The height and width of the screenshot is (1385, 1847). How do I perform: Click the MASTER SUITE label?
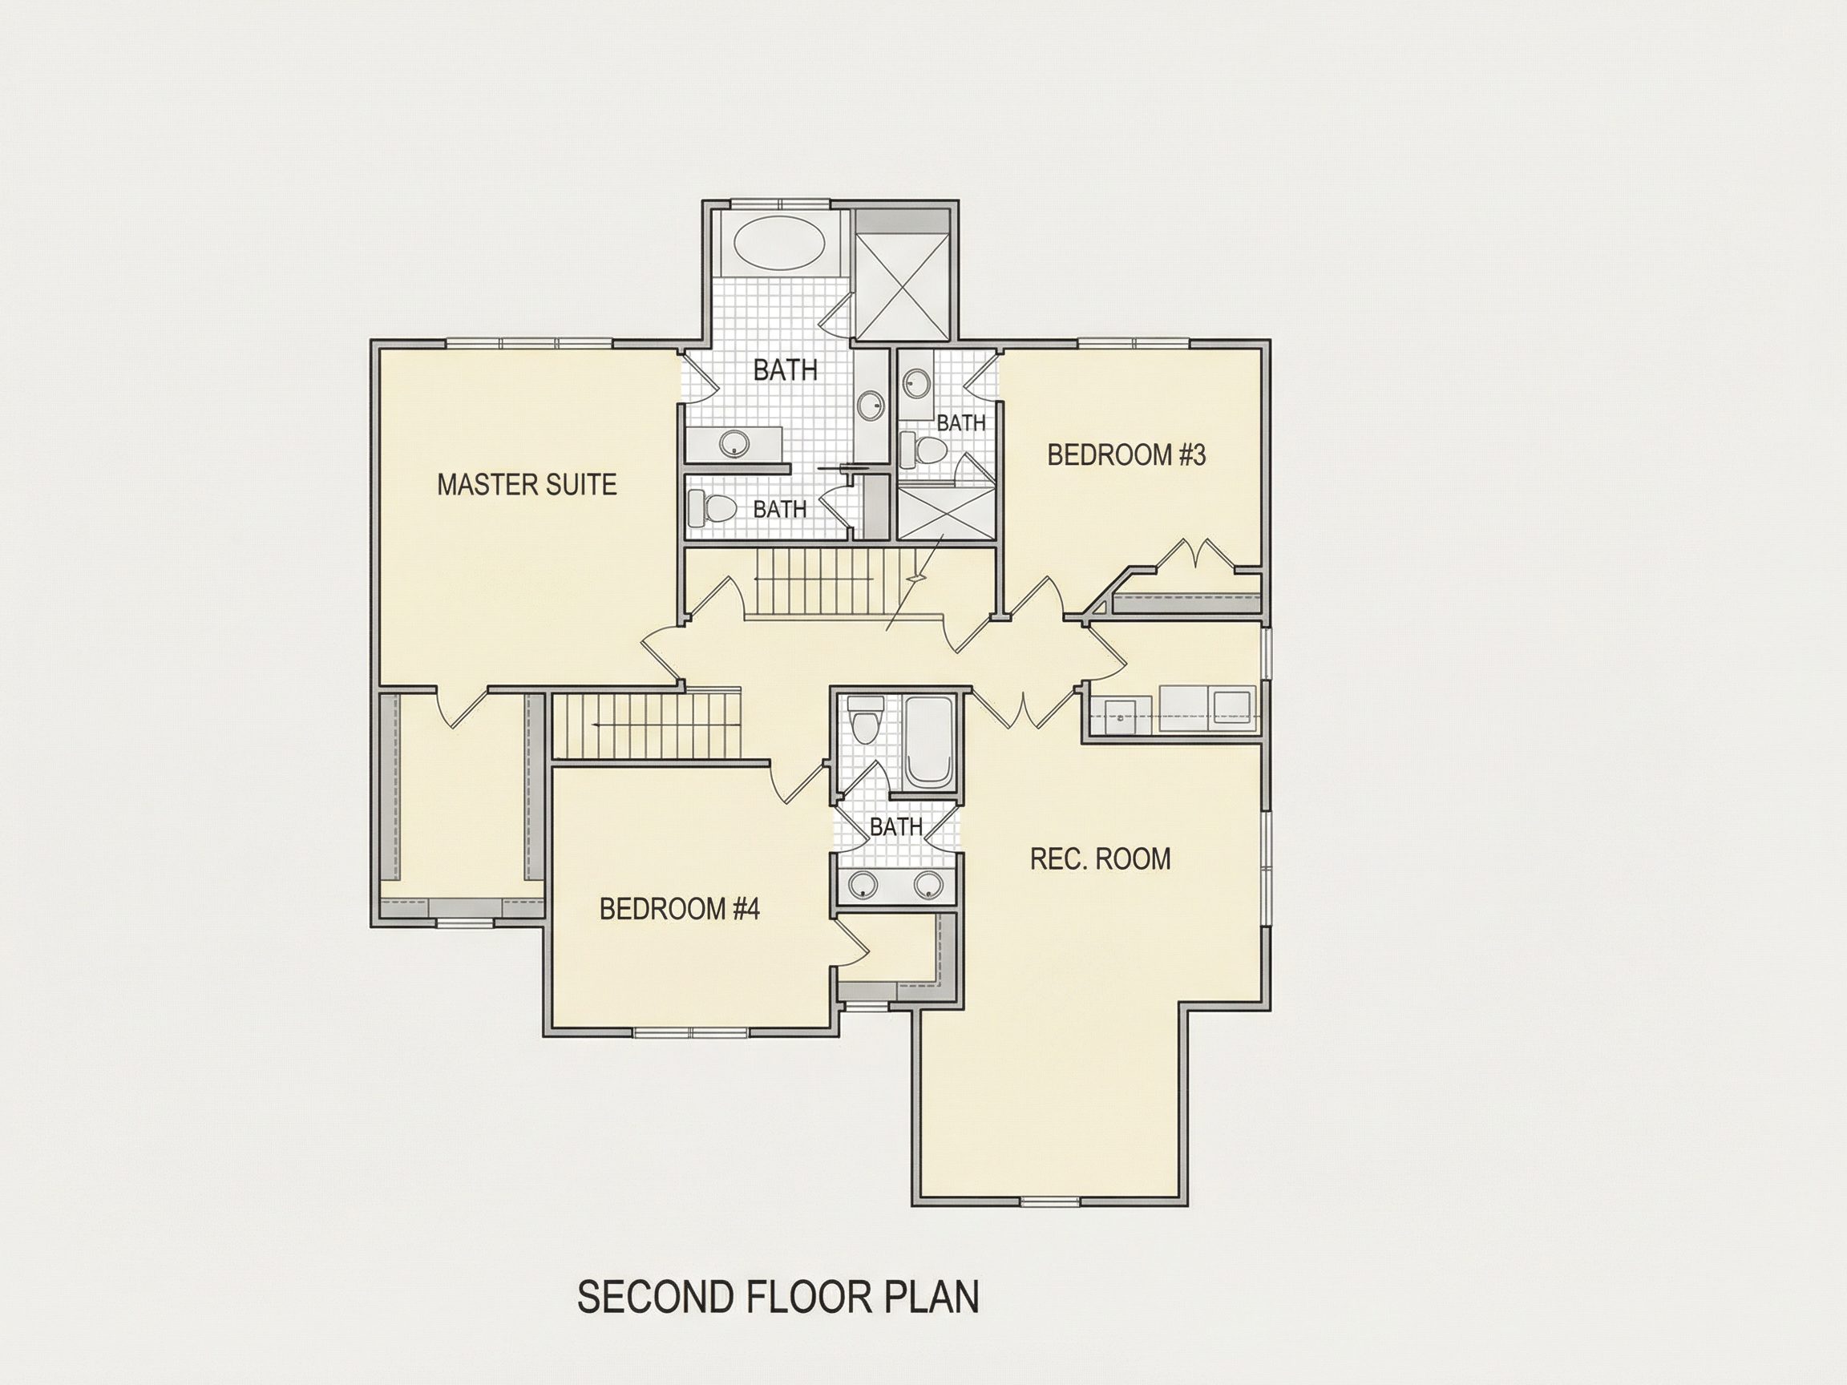[x=527, y=484]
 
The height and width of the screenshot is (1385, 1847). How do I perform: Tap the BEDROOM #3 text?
[x=1126, y=455]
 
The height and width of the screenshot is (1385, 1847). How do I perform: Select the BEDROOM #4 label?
[x=680, y=908]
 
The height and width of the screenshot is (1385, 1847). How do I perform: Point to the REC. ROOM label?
[x=1101, y=858]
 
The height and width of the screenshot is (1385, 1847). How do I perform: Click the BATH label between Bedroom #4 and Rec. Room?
[x=896, y=826]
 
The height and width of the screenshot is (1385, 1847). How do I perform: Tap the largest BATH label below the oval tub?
[x=785, y=369]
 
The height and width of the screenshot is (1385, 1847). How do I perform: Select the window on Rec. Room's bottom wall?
[x=1050, y=1201]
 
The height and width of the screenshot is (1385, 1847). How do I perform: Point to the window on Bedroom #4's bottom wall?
[x=690, y=1032]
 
